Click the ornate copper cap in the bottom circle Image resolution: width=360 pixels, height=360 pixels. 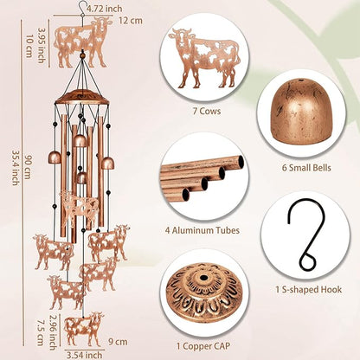point(202,292)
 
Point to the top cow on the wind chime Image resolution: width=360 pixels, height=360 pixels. point(82,43)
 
